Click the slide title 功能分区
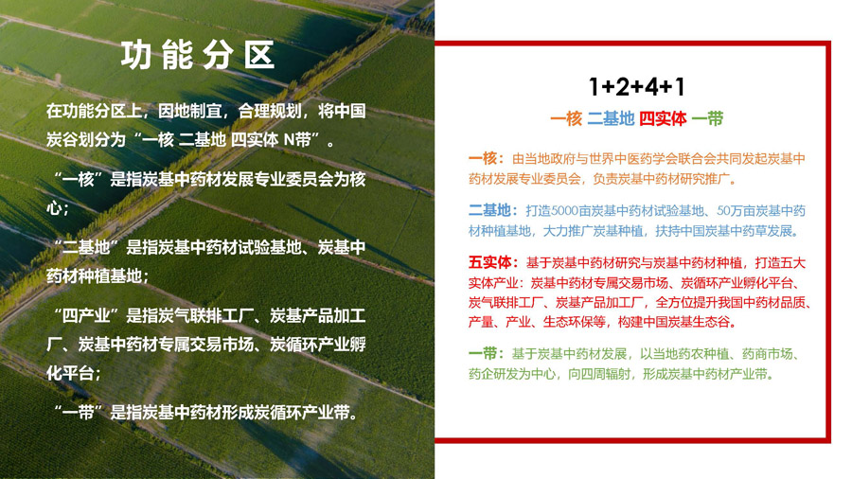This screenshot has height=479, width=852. pyautogui.click(x=198, y=56)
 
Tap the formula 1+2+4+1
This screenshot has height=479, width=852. pyautogui.click(x=637, y=87)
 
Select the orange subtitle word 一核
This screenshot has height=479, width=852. pyautogui.click(x=566, y=118)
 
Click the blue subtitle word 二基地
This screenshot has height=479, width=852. pyautogui.click(x=611, y=118)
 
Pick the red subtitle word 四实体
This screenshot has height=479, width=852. pyautogui.click(x=663, y=118)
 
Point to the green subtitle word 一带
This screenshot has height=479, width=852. pyautogui.click(x=707, y=118)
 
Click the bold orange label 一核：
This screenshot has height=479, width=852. pyautogui.click(x=487, y=159)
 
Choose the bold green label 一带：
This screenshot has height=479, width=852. pyautogui.click(x=487, y=353)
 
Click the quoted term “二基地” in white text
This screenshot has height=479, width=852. pyautogui.click(x=86, y=248)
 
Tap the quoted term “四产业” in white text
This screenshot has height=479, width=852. pyautogui.click(x=86, y=315)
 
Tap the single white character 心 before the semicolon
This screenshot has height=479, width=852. pyautogui.click(x=54, y=208)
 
